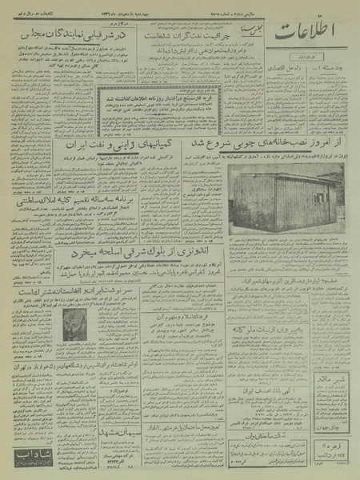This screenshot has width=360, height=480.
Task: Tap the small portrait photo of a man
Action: tap(74, 323)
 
